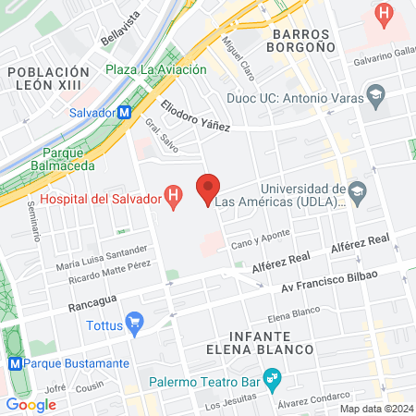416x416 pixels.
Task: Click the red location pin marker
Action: pos(208,188)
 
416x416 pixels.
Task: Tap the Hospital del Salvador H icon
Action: pos(172,195)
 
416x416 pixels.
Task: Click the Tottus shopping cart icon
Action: pos(136,323)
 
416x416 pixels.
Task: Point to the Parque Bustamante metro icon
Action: pos(14,364)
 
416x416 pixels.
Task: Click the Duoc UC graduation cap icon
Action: pos(375,93)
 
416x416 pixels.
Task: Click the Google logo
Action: pos(31,404)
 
